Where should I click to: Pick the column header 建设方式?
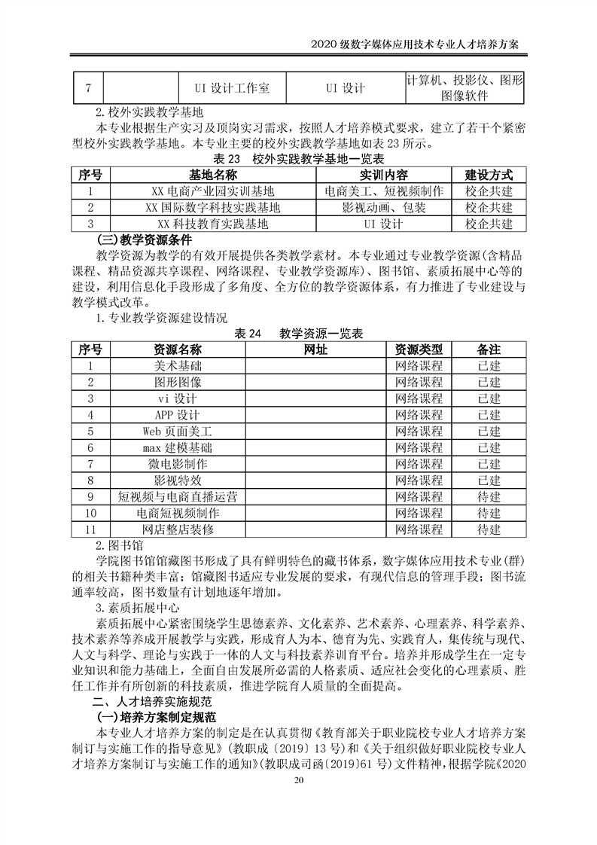(489, 175)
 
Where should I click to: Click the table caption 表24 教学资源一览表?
(299, 333)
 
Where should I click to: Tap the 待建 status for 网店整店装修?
(489, 530)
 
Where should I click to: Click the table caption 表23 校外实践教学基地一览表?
(299, 159)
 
